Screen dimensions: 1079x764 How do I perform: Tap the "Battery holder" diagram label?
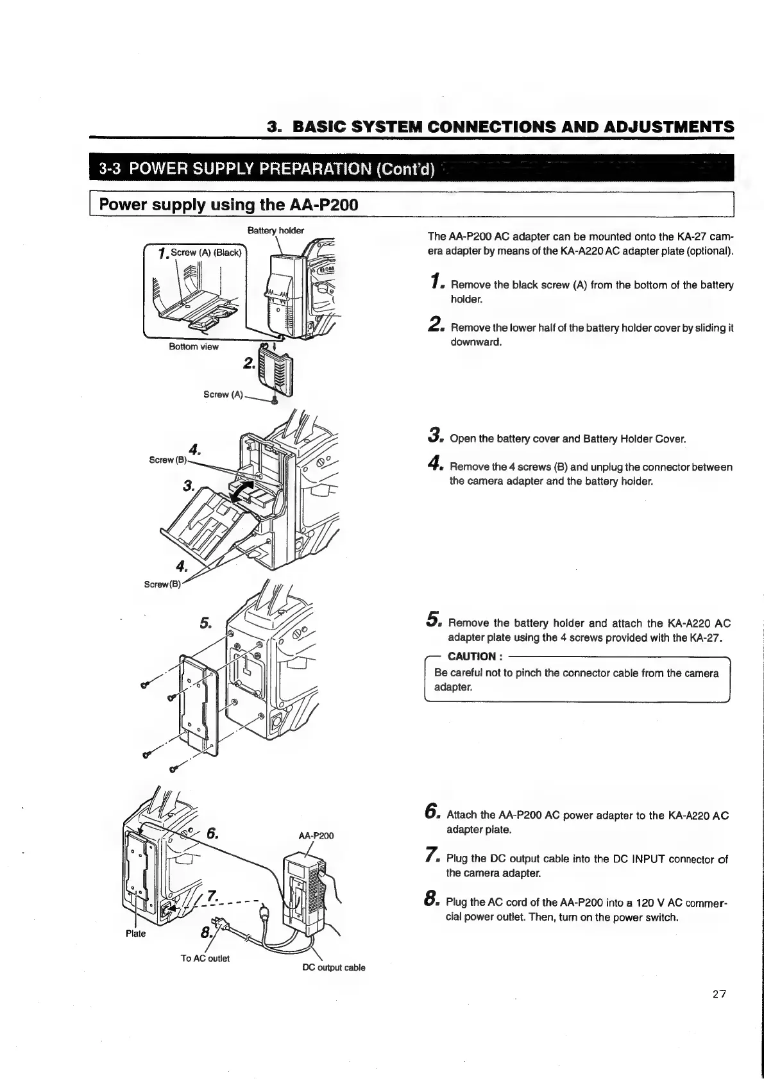click(275, 231)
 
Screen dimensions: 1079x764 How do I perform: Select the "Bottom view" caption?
click(193, 347)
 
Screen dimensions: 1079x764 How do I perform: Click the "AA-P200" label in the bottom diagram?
click(316, 836)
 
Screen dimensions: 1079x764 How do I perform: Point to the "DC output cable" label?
click(333, 967)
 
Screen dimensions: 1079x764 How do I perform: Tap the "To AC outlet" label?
click(205, 958)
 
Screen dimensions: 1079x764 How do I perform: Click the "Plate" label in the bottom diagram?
click(135, 933)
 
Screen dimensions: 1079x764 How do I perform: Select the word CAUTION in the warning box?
click(471, 656)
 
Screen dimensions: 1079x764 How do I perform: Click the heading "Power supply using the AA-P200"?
click(228, 205)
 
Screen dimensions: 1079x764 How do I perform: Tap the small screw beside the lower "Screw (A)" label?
click(275, 400)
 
